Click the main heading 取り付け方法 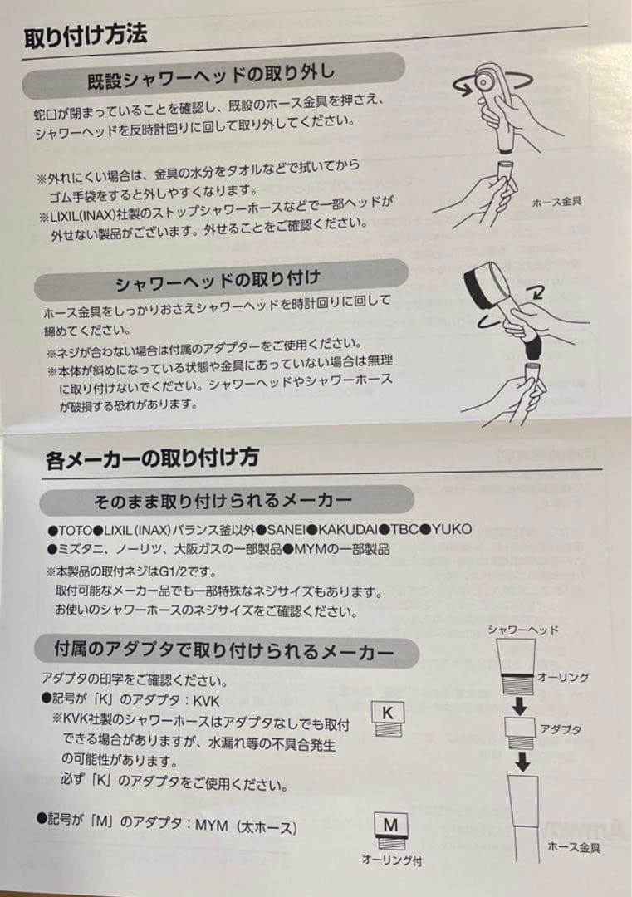85,35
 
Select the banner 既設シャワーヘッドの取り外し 211,76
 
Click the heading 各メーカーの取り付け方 152,457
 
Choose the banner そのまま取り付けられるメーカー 223,501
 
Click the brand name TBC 405,529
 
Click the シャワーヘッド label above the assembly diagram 522,629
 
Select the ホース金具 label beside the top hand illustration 557,201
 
